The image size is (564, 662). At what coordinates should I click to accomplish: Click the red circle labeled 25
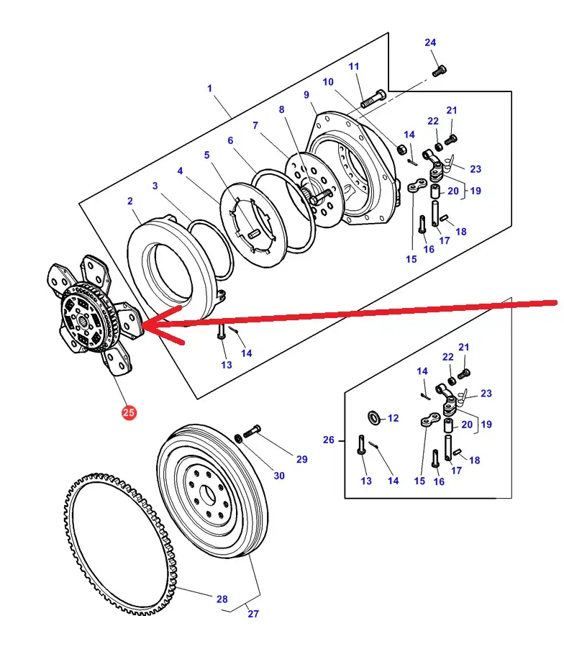pos(129,413)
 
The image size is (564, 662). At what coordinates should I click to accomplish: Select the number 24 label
pos(430,42)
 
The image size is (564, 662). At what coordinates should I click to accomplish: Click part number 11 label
pos(354,67)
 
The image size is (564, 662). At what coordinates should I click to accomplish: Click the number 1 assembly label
pos(209,89)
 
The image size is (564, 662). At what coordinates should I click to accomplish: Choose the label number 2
pos(130,201)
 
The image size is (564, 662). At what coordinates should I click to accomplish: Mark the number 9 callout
pos(306,95)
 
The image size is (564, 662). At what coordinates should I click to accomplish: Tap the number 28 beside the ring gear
pos(222,599)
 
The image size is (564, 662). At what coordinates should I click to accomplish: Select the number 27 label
pos(253,614)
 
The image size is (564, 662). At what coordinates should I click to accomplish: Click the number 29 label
pos(301,459)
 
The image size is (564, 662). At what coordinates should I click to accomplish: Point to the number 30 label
pos(279,476)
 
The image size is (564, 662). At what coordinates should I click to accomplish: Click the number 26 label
pos(329,440)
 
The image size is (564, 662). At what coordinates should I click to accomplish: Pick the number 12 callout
pos(393,418)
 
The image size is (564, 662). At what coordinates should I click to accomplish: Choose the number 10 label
pos(328,82)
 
